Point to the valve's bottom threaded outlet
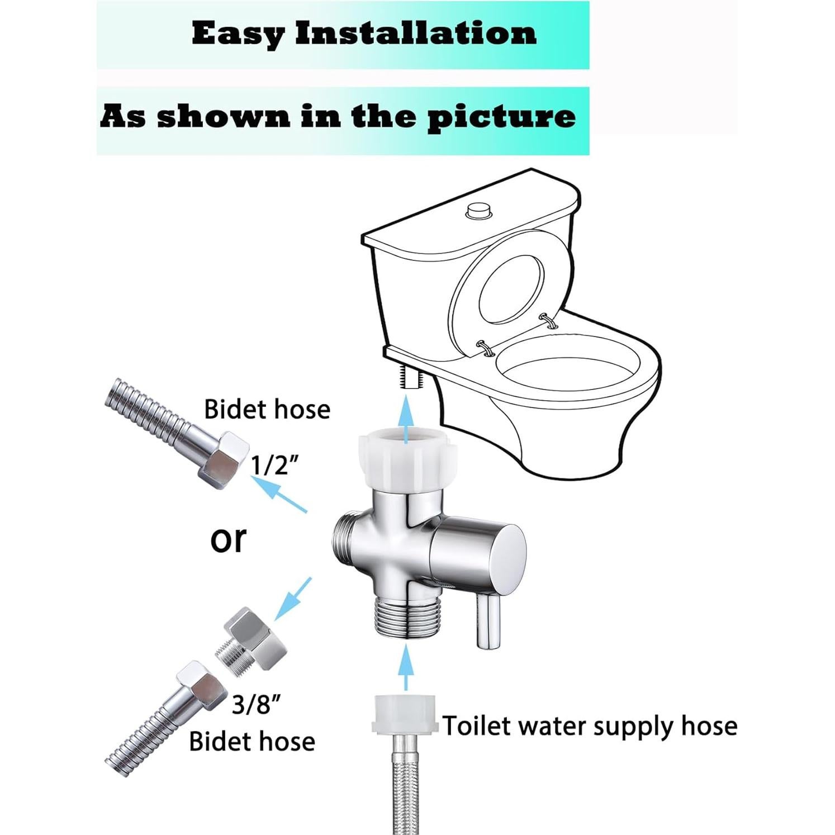(405, 618)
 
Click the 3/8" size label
(255, 705)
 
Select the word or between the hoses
(228, 538)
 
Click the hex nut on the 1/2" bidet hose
(222, 458)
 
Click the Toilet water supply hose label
(589, 726)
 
